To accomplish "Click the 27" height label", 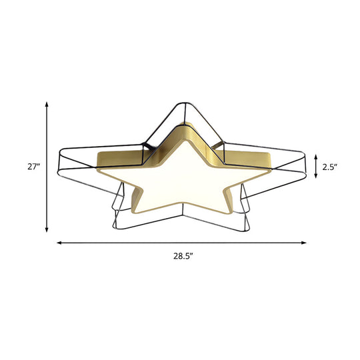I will [x=34, y=167].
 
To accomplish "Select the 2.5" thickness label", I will [x=329, y=167].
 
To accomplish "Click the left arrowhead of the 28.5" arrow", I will [x=59, y=243].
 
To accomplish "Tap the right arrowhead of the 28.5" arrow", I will [x=305, y=243].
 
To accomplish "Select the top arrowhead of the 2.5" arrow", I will [x=315, y=154].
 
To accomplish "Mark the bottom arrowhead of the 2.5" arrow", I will [x=315, y=182].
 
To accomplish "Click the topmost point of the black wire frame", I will [x=183, y=103].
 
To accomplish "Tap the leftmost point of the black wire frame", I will [x=61, y=155].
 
